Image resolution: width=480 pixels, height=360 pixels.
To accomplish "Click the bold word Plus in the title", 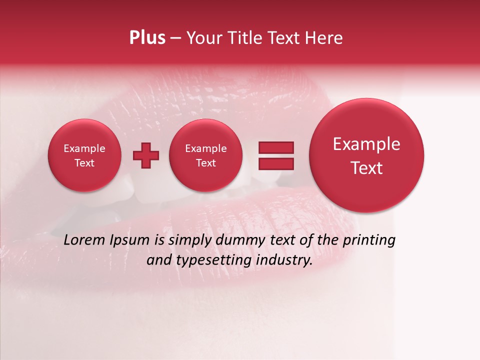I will click(x=147, y=38).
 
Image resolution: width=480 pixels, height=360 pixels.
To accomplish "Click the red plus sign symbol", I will click(x=146, y=155).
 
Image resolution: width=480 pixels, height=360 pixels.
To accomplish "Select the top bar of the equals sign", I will click(x=275, y=147).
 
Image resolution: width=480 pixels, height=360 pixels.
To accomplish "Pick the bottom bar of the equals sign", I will click(x=275, y=163).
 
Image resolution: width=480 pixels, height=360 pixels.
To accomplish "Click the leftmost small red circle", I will click(x=84, y=155).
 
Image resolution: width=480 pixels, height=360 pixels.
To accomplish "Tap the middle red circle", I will click(x=205, y=155).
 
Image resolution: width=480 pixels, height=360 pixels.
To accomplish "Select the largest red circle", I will click(x=366, y=155).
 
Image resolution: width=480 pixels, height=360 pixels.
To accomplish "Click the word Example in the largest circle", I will click(x=366, y=144).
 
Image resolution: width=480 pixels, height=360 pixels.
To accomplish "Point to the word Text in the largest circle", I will click(x=366, y=168).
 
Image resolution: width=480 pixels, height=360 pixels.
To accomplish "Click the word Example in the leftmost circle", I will click(x=84, y=148).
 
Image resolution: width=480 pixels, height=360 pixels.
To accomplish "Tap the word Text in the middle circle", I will click(x=205, y=163).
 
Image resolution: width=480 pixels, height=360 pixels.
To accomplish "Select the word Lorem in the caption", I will click(x=84, y=240).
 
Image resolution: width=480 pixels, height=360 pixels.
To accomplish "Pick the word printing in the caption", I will click(x=369, y=240).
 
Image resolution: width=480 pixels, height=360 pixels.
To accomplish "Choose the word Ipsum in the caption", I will click(x=129, y=240).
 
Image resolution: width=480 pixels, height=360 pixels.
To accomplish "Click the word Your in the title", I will click(x=203, y=38).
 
